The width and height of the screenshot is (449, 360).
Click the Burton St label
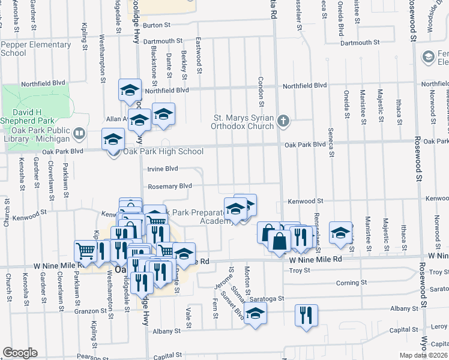click(x=157, y=25)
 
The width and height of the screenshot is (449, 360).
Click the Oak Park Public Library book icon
click(x=80, y=133)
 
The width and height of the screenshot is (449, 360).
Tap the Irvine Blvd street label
click(x=163, y=169)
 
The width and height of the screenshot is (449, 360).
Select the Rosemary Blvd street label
click(x=169, y=187)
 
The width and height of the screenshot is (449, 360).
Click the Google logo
click(x=20, y=353)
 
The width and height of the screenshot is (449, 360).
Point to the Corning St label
click(x=351, y=283)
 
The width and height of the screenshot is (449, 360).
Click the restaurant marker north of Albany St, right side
click(x=306, y=314)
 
